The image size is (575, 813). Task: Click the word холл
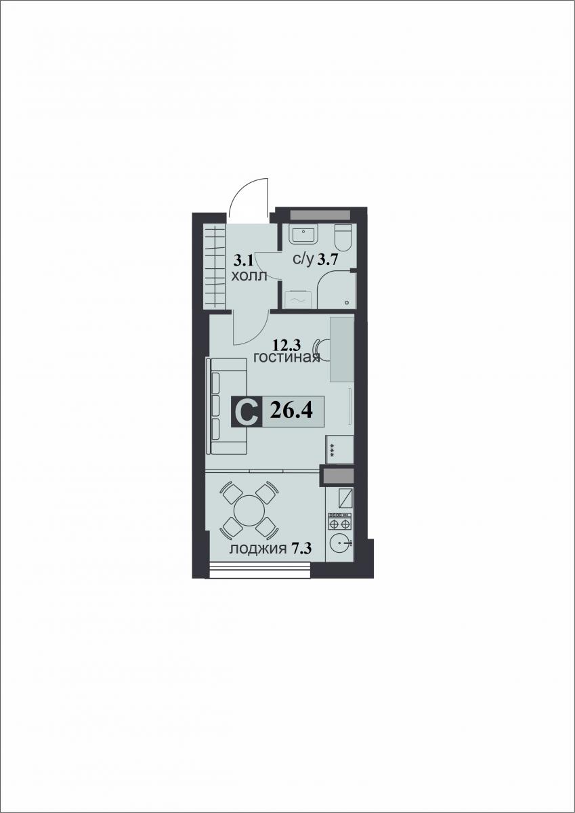pyautogui.click(x=249, y=276)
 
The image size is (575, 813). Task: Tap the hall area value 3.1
pyautogui.click(x=242, y=260)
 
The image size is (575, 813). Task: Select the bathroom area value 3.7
pyautogui.click(x=328, y=260)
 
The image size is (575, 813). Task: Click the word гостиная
pyautogui.click(x=286, y=358)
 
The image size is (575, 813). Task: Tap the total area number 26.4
pyautogui.click(x=291, y=411)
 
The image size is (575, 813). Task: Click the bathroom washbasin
pyautogui.click(x=303, y=234)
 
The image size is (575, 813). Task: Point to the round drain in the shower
pyautogui.click(x=347, y=302)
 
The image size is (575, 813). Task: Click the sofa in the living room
pyautogui.click(x=226, y=405)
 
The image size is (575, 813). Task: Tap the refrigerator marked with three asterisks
pyautogui.click(x=339, y=449)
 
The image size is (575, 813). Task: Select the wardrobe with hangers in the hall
pyautogui.click(x=215, y=266)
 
